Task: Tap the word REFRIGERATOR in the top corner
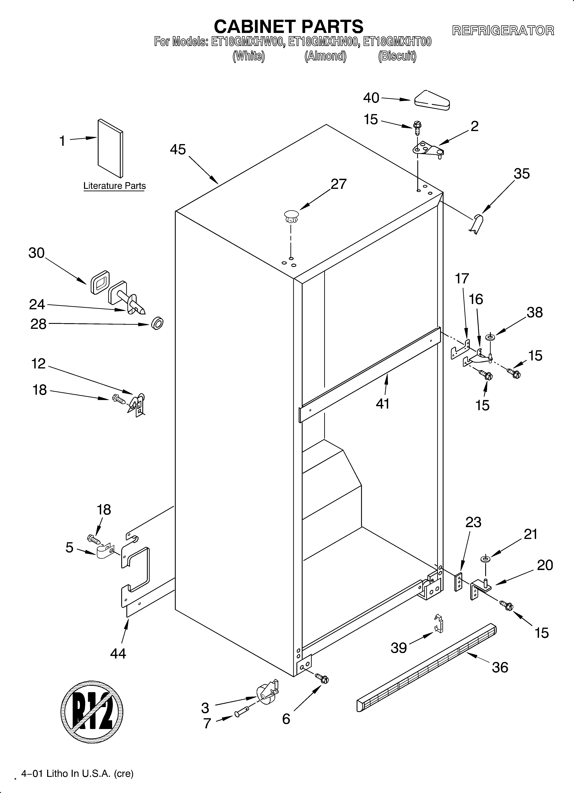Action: point(503,31)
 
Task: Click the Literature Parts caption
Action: point(114,186)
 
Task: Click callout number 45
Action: point(178,150)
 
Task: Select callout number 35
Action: point(522,174)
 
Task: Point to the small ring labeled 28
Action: point(157,323)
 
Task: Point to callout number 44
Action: point(118,653)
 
